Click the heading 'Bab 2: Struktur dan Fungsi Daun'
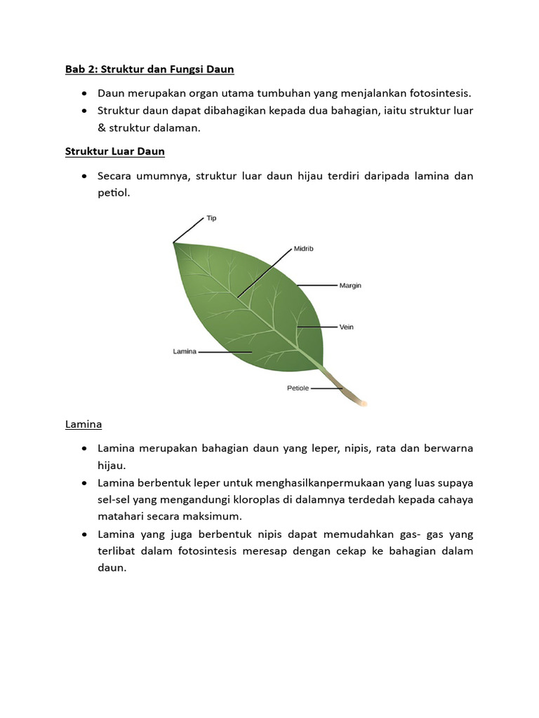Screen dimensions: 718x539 [149, 69]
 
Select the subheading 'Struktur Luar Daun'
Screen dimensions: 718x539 [114, 151]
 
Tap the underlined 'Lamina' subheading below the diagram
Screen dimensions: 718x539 [84, 424]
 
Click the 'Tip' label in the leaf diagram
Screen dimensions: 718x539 [211, 218]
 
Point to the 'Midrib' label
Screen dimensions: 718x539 [304, 248]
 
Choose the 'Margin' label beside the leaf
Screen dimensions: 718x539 [350, 285]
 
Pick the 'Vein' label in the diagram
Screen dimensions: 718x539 [346, 327]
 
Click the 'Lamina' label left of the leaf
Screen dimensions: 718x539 [184, 351]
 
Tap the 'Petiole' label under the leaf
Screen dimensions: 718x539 [298, 388]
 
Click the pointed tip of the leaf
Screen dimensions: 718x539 [174, 243]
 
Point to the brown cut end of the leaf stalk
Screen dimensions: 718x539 [363, 402]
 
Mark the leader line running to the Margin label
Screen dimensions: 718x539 [317, 285]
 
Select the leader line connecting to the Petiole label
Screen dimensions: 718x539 [326, 388]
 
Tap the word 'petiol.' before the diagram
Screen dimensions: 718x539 [114, 192]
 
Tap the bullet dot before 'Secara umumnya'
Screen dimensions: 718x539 [84, 176]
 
